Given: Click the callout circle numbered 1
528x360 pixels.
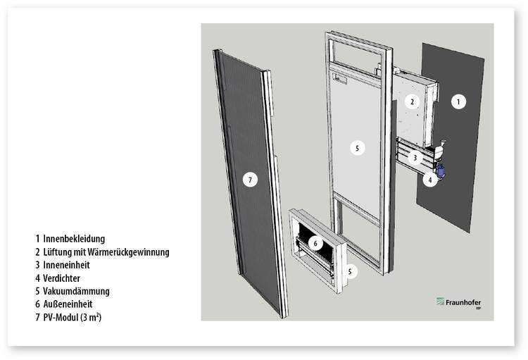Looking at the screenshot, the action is tap(458, 101).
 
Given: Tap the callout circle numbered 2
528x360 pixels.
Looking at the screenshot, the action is tap(412, 101).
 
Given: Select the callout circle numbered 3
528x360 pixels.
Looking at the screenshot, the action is tap(415, 158).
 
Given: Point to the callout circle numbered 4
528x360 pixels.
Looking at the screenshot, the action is tap(430, 180).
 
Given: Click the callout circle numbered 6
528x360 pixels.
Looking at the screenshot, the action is tap(315, 243).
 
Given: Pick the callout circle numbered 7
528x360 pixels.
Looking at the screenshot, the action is tap(250, 180).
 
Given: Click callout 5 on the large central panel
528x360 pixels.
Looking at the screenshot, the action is tap(357, 148).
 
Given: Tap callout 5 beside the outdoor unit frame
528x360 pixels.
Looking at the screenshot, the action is tap(350, 272).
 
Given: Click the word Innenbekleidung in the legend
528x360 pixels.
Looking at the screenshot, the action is tap(74, 239).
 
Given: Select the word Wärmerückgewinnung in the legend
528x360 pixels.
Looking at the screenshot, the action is tap(128, 252).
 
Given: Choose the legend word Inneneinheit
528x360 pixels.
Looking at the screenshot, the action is tap(66, 265).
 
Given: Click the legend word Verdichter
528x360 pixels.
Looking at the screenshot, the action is tap(61, 278).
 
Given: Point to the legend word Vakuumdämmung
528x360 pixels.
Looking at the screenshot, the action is tap(76, 291).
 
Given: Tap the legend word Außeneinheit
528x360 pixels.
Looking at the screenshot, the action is tap(68, 304).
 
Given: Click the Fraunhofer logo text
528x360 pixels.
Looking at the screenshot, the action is tap(463, 302).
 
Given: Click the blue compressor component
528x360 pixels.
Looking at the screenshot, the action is tap(441, 169).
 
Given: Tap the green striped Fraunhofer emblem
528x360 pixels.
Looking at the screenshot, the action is tap(440, 301).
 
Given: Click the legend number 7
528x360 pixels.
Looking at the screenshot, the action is tap(37, 317).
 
